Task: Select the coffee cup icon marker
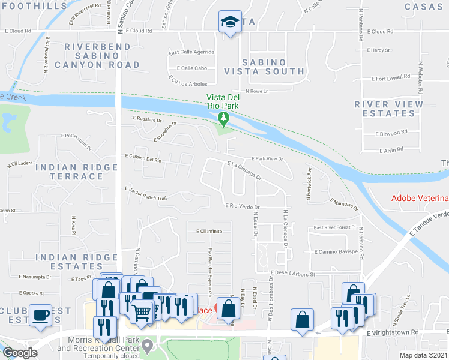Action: [x=41, y=316]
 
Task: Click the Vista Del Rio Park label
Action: [x=223, y=102]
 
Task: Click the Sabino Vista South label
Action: [x=264, y=67]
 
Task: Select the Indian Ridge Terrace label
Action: [x=76, y=171]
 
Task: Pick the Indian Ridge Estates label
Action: [x=76, y=262]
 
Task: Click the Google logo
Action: [x=20, y=353]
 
